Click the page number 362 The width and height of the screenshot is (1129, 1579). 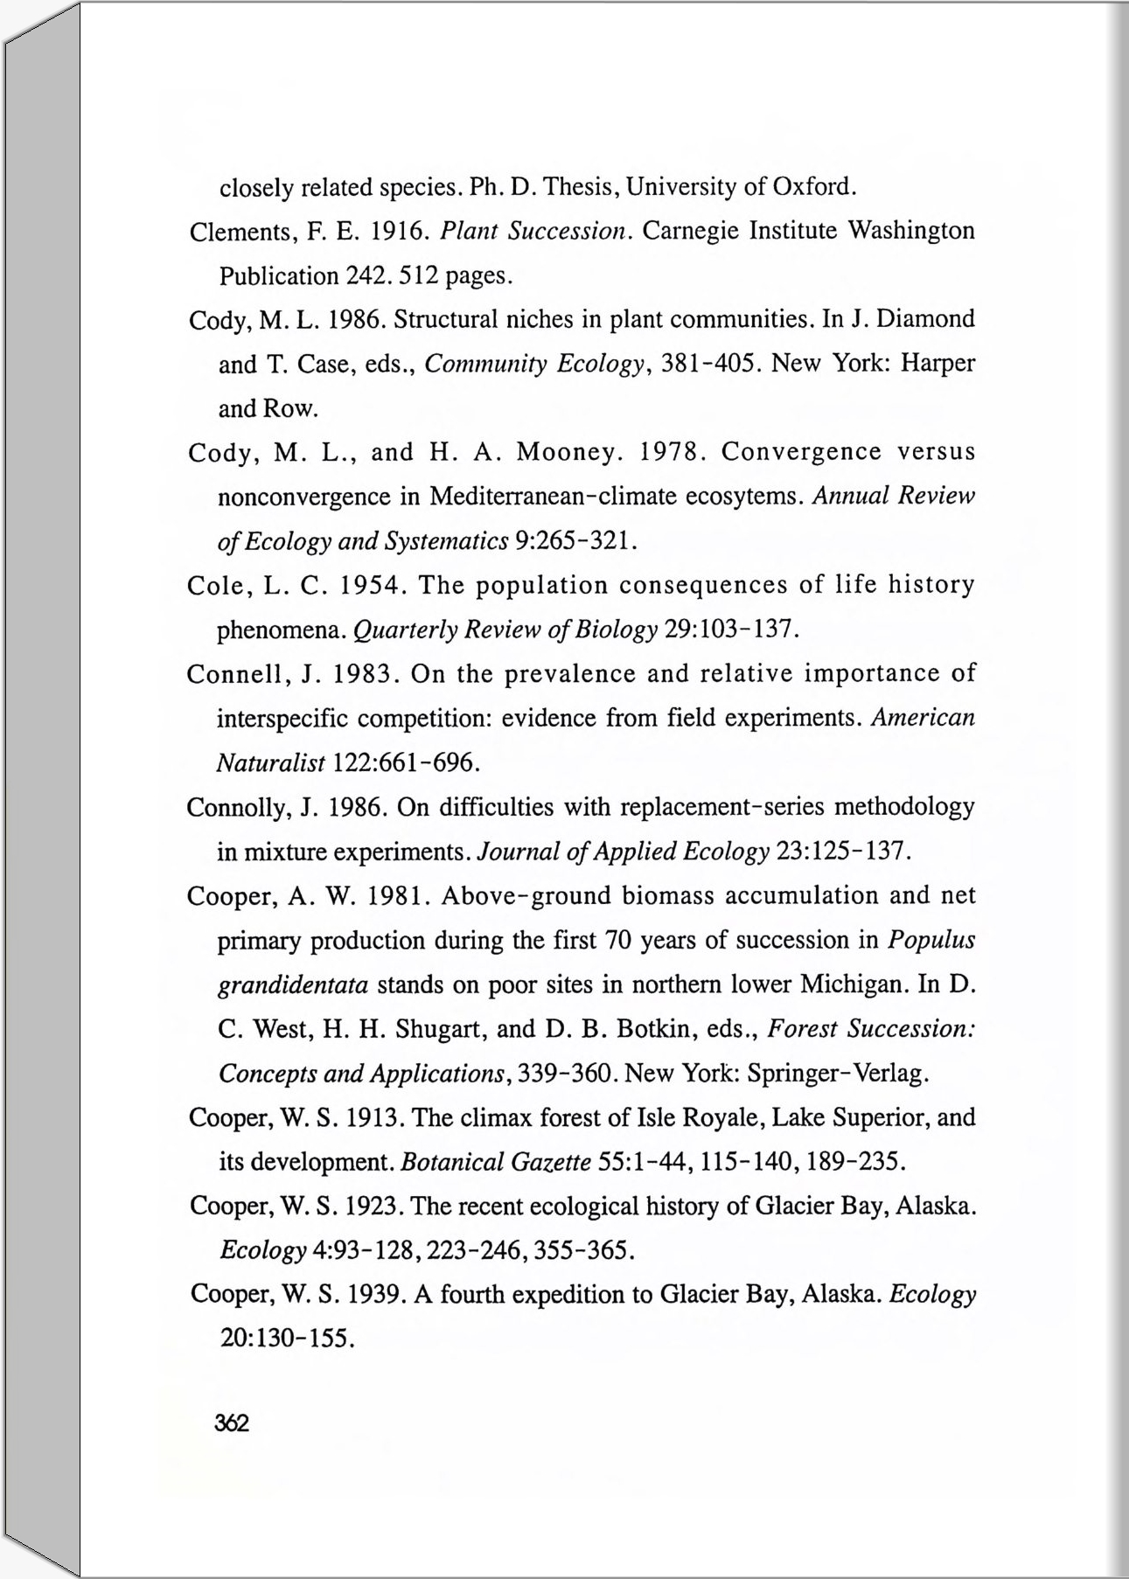232,1423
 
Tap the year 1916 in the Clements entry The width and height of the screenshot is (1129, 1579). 398,231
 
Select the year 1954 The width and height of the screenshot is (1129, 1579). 371,585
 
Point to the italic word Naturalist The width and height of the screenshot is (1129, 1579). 270,763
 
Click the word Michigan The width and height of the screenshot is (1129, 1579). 854,984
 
